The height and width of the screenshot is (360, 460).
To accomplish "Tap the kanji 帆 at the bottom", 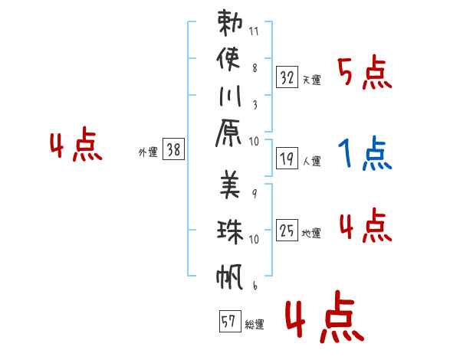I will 230,276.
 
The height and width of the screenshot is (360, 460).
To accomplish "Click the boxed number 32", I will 287,77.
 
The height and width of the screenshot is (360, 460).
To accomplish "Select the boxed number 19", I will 287,159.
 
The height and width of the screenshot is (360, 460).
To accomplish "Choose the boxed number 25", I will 287,230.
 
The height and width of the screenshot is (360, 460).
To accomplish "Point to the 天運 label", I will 310,80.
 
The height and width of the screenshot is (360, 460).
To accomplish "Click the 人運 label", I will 311,162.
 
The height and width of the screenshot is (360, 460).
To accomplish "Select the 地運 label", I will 311,233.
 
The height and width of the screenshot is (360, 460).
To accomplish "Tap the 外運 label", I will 147,153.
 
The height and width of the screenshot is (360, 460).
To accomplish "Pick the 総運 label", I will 255,325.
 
